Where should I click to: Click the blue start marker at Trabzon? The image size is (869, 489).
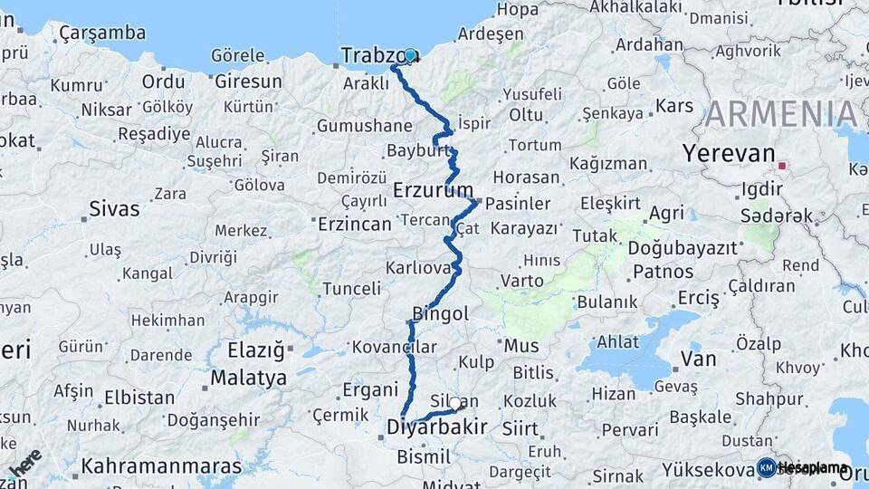[x=410, y=55]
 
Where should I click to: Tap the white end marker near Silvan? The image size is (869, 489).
[x=455, y=404]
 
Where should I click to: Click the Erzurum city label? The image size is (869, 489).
[x=434, y=190]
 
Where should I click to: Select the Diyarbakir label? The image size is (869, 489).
[x=437, y=427]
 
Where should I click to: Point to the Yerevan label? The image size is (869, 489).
[x=730, y=153]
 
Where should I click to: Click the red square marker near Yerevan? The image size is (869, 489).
[x=782, y=167]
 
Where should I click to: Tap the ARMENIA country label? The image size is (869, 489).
[x=780, y=114]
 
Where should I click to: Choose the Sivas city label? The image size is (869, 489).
[x=114, y=209]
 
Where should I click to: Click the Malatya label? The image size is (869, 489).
[x=248, y=377]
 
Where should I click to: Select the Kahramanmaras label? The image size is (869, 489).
[x=161, y=466]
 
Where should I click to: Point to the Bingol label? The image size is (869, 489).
[x=440, y=314]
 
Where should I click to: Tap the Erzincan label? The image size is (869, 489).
[x=354, y=223]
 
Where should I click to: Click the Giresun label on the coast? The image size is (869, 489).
[x=248, y=81]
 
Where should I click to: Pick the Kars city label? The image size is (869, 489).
[x=674, y=106]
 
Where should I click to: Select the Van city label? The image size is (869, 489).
[x=698, y=360]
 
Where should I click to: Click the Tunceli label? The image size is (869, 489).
[x=352, y=289]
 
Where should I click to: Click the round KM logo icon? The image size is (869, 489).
[x=766, y=467]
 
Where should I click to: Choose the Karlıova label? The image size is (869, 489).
[x=418, y=268]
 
